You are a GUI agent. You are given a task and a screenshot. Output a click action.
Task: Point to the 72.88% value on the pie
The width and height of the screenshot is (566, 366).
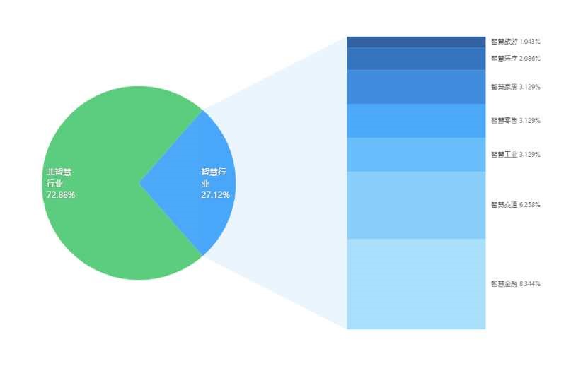click(61, 195)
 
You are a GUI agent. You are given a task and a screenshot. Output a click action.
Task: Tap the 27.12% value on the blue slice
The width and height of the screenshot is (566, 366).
click(216, 195)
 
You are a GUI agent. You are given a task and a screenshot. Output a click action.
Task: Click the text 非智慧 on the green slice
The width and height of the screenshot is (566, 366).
click(59, 172)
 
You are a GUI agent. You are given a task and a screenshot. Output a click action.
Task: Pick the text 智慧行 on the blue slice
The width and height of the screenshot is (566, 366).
click(214, 172)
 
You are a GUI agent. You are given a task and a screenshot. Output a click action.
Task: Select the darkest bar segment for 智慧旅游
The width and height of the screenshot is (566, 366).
click(416, 42)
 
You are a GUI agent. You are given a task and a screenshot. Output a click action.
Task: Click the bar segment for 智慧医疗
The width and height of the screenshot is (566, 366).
click(416, 59)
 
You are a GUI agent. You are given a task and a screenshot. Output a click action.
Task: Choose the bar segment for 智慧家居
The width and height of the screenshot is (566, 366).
click(416, 87)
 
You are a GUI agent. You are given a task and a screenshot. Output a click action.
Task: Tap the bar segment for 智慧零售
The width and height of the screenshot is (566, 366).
click(416, 121)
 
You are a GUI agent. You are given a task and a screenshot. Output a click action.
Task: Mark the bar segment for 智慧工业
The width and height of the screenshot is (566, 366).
click(416, 155)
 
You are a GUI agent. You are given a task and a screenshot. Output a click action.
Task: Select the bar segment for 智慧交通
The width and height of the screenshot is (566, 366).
click(416, 205)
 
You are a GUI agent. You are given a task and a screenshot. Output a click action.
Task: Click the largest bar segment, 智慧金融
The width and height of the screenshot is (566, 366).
click(416, 284)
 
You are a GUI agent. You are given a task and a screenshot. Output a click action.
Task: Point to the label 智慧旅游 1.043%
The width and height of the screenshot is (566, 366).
click(516, 42)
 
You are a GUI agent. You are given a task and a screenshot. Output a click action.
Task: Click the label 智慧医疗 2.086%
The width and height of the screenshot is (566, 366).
click(516, 59)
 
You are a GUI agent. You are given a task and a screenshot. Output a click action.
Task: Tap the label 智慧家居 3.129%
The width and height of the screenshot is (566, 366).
click(516, 87)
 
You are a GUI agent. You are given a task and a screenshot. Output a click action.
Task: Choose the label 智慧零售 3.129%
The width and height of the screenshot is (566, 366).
click(516, 120)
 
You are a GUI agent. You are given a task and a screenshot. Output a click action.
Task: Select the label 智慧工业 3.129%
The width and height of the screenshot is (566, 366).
click(516, 154)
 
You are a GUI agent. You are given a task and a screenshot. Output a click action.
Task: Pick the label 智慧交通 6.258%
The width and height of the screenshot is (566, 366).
click(516, 205)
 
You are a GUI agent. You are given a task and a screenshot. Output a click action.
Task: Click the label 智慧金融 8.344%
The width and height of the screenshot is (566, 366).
click(516, 284)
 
